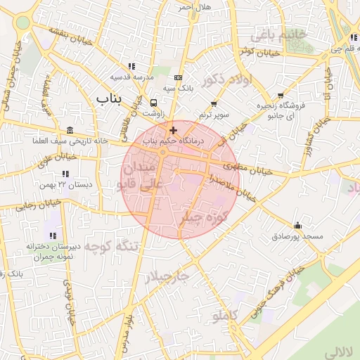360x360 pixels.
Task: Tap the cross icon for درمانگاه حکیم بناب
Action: click(x=173, y=130)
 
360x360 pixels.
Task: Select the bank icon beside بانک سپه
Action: click(x=178, y=77)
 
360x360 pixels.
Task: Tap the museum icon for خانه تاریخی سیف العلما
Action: click(x=69, y=131)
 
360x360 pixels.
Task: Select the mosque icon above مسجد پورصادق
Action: click(x=297, y=226)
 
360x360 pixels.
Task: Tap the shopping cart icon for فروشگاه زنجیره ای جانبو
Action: click(x=281, y=95)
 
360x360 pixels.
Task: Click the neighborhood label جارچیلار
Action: click(x=167, y=277)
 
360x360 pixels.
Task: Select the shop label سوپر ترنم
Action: click(x=214, y=114)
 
